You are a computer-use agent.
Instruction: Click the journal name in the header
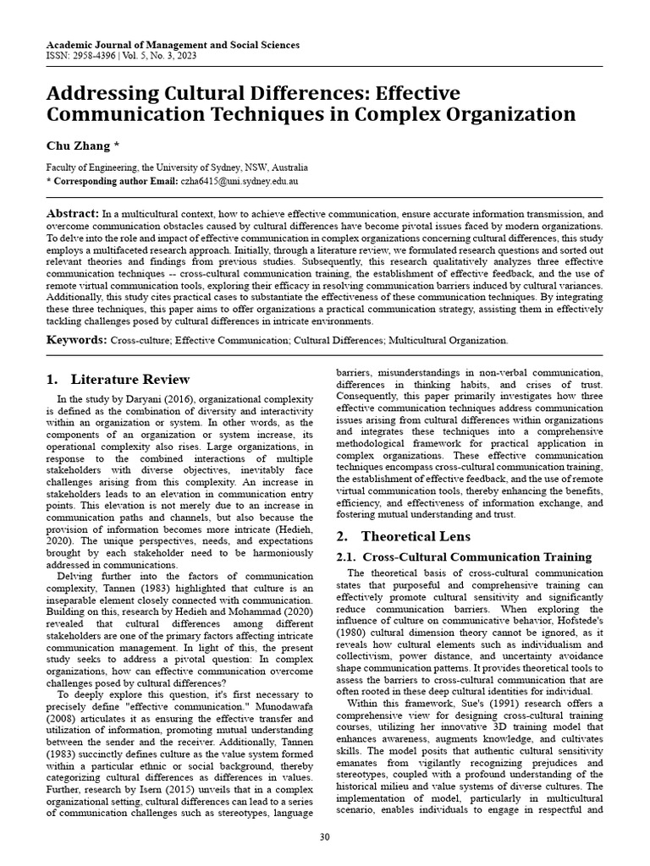[172, 45]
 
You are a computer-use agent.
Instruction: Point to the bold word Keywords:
[77, 340]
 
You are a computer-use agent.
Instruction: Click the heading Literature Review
[130, 379]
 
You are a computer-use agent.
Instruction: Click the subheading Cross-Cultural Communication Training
[476, 556]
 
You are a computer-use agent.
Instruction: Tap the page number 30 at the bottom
[324, 837]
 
